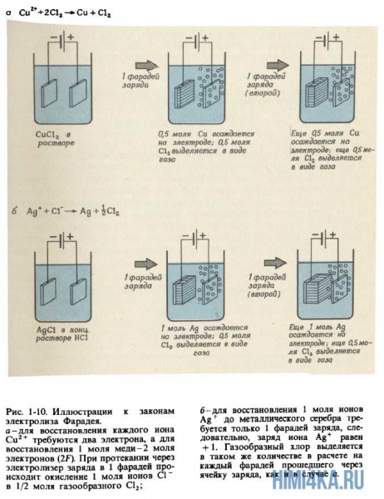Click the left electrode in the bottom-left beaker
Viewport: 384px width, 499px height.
click(51, 286)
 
